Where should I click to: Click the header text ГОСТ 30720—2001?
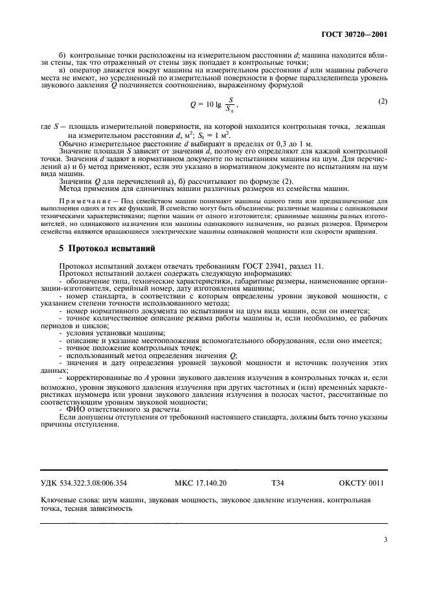point(359,34)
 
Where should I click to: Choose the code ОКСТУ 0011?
point(361,482)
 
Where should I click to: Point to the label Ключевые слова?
point(68,500)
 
